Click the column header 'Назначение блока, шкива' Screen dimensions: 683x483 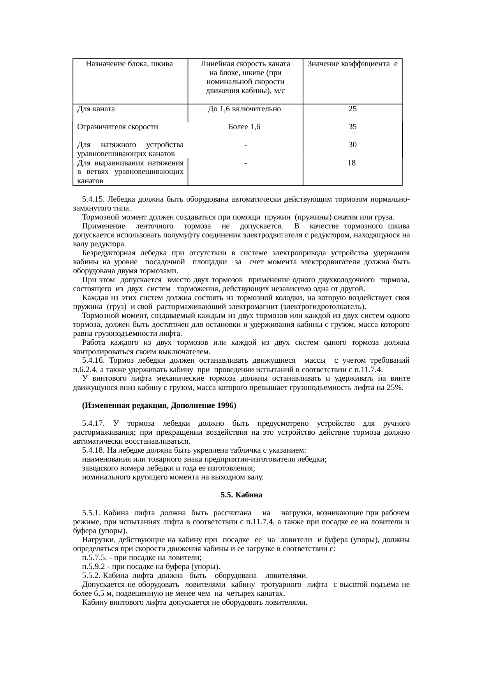coord(129,64)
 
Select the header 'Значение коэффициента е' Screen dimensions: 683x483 coord(352,64)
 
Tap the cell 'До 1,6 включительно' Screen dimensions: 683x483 coord(245,109)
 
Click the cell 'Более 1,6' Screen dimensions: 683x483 coord(245,127)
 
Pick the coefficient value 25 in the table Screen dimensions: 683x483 coord(352,109)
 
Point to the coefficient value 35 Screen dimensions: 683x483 coord(352,127)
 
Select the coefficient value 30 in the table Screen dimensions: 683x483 coord(352,145)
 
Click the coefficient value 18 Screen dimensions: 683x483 coord(351,163)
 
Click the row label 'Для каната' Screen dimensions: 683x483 coord(96,109)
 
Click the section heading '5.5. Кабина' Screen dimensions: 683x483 coord(241,495)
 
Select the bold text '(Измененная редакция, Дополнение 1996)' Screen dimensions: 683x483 coord(159,406)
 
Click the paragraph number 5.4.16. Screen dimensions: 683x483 coord(93,361)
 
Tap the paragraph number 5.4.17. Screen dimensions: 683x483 coord(93,423)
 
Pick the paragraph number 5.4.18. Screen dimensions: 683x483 coord(93,451)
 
